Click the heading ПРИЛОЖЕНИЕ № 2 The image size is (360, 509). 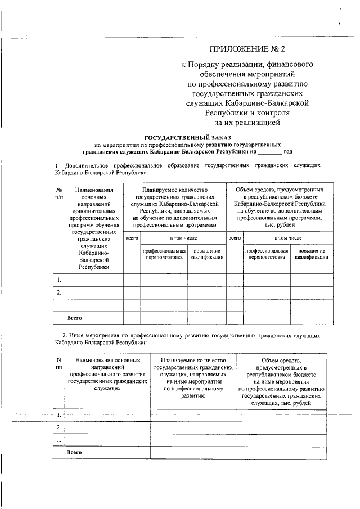coord(247,50)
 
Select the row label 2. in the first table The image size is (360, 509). coord(58,292)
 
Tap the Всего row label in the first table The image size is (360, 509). coord(75,318)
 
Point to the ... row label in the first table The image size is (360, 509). coord(58,305)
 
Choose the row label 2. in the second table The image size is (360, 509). coord(58,427)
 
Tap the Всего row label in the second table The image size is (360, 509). coord(75,452)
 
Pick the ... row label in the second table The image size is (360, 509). coord(58,439)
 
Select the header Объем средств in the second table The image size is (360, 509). coord(281,360)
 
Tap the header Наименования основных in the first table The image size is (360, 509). coord(94,194)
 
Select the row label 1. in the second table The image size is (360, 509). coord(58,415)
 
